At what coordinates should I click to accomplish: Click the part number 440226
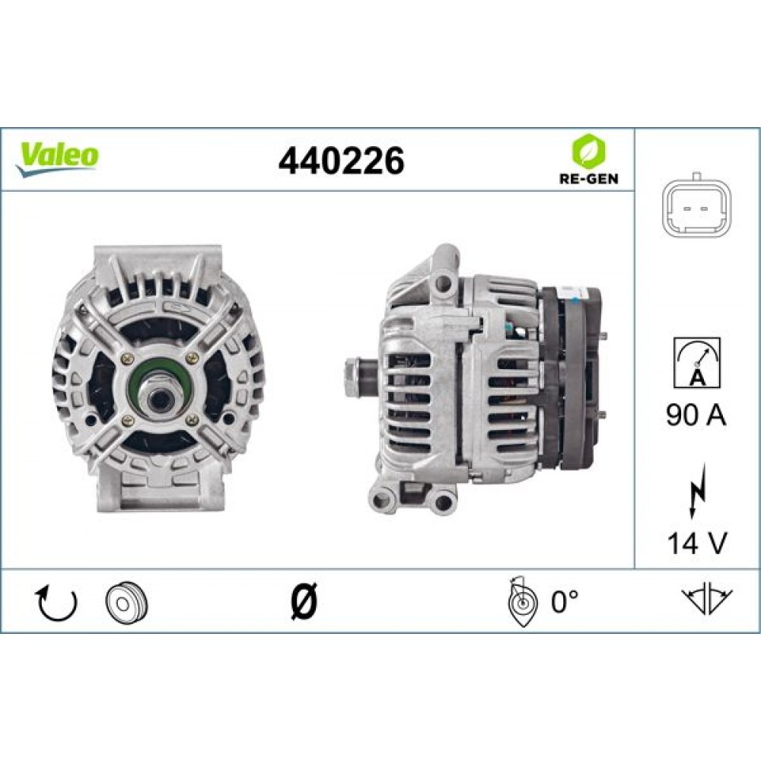coord(341,160)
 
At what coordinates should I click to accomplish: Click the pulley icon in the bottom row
coord(126,603)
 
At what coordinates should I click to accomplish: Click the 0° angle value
coord(565,603)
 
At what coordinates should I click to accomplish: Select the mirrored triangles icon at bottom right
coord(708,601)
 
